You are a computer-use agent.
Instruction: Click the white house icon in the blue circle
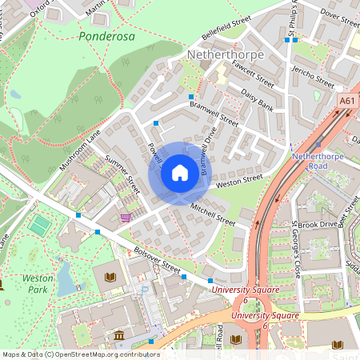(180, 173)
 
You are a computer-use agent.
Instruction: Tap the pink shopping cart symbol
(126, 217)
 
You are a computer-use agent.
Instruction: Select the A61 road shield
(346, 101)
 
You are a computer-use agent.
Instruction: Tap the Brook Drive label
(318, 225)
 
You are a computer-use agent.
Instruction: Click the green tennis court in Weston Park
(38, 226)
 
